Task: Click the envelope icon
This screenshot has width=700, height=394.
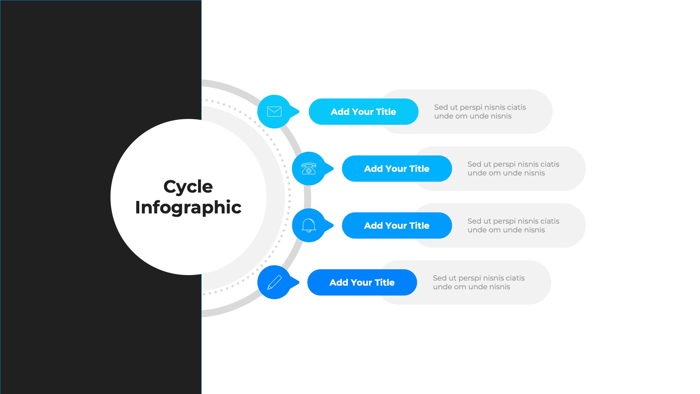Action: pyautogui.click(x=274, y=112)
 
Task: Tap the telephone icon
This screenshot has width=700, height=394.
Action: pyautogui.click(x=309, y=169)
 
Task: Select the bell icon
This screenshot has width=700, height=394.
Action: pyautogui.click(x=309, y=225)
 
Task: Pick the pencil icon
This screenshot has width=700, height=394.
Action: pyautogui.click(x=274, y=282)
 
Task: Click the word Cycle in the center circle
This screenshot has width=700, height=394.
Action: pyautogui.click(x=188, y=187)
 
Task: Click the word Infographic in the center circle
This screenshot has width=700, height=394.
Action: pyautogui.click(x=188, y=207)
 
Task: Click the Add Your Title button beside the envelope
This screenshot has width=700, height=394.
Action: pyautogui.click(x=363, y=112)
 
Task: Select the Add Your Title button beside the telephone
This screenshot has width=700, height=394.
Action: pyautogui.click(x=397, y=169)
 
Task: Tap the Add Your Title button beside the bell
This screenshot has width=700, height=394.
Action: pyautogui.click(x=397, y=225)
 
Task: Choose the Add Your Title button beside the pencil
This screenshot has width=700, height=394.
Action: pyautogui.click(x=362, y=282)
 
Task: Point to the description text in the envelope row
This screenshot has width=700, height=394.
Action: pyautogui.click(x=480, y=112)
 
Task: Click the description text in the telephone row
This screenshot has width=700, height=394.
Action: pyautogui.click(x=513, y=169)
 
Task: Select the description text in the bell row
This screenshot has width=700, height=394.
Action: pyautogui.click(x=513, y=225)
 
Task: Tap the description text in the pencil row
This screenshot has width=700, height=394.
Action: pyautogui.click(x=478, y=282)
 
